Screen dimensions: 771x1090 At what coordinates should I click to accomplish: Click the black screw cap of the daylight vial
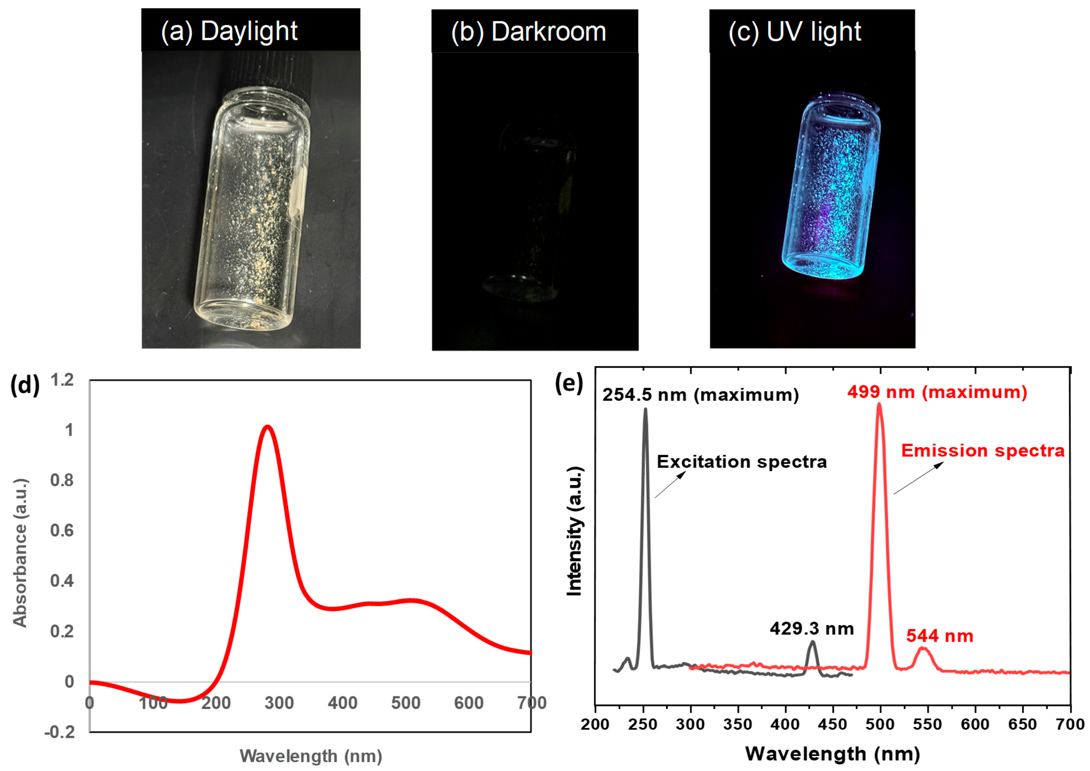(275, 71)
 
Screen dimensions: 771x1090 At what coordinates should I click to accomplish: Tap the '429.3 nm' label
(812, 629)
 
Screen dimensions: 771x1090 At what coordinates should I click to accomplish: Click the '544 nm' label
(940, 636)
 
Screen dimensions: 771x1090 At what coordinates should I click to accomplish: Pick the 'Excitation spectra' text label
(742, 462)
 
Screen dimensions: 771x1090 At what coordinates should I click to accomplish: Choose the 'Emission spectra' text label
(983, 450)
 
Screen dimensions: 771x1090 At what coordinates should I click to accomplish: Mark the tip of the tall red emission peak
(879, 405)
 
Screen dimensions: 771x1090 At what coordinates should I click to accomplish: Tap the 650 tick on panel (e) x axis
(1022, 724)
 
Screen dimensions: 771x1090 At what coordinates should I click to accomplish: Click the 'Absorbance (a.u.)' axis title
(20, 552)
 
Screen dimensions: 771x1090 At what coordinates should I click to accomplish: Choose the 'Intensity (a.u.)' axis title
(574, 531)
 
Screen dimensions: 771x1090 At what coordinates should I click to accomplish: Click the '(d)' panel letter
(25, 385)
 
